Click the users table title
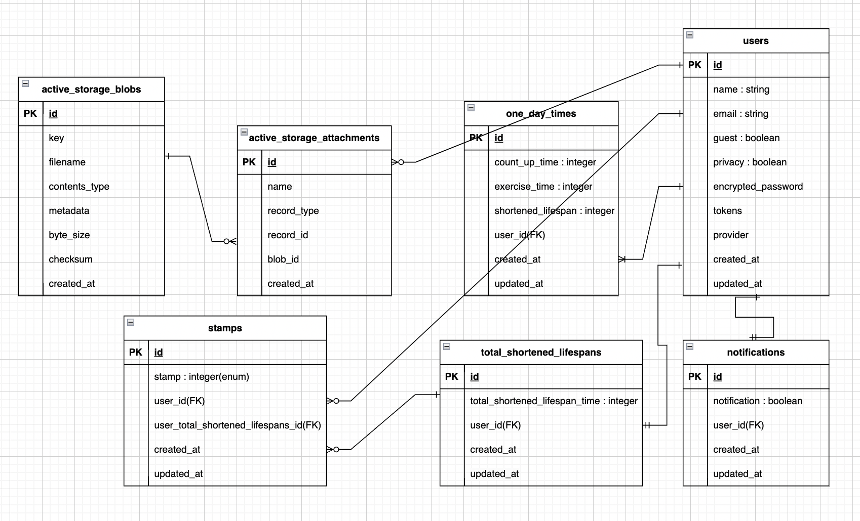(755, 41)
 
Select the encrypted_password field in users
(758, 187)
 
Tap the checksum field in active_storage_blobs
(70, 259)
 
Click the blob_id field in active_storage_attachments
(283, 259)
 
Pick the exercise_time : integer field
(543, 187)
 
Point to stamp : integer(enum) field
(201, 377)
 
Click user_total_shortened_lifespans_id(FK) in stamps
(237, 425)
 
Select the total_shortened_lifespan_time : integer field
(554, 401)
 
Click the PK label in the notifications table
(694, 377)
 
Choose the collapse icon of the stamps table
(131, 322)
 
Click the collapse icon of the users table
(690, 35)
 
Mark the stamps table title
(225, 328)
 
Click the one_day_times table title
(541, 114)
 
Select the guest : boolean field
(746, 138)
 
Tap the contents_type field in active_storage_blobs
(79, 187)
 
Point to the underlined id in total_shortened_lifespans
(474, 377)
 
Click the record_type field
(293, 211)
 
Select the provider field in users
(730, 235)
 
